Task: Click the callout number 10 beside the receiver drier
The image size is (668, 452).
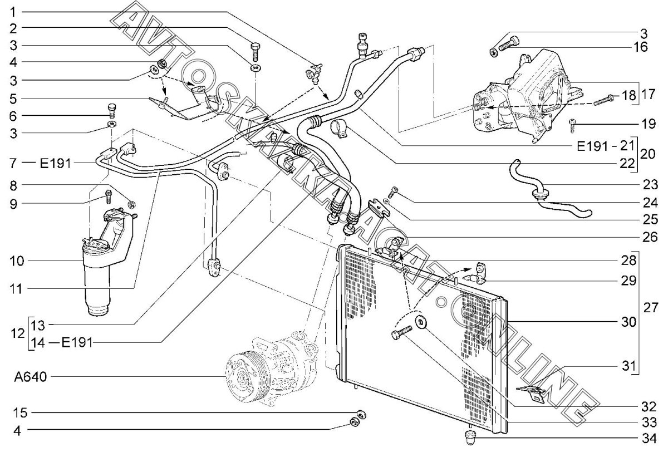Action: [17, 261]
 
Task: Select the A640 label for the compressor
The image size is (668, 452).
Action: [31, 377]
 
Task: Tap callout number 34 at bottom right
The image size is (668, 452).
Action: [649, 439]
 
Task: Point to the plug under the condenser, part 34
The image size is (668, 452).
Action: [470, 438]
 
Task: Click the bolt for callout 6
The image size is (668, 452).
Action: [111, 111]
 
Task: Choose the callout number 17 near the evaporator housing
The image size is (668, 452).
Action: [648, 95]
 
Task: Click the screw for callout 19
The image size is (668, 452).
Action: [572, 125]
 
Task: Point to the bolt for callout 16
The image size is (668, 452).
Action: [509, 43]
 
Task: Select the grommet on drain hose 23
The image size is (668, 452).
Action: [541, 194]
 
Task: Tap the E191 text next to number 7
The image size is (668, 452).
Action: [56, 164]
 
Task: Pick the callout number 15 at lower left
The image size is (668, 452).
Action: [20, 413]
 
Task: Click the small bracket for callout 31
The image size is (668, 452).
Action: [531, 392]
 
